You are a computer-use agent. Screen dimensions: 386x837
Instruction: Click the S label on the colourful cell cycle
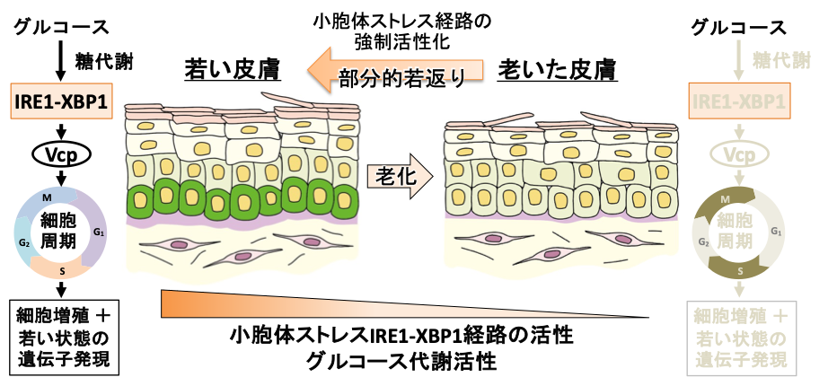[x=61, y=268]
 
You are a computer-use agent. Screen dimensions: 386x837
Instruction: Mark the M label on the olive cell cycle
[x=736, y=197]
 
